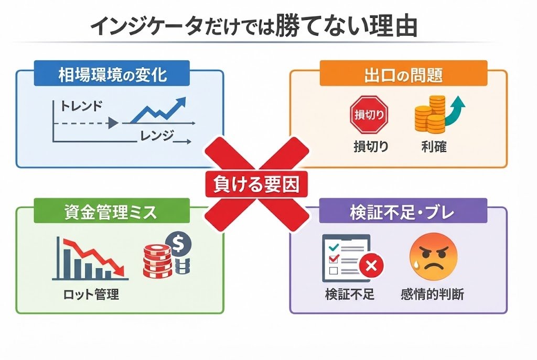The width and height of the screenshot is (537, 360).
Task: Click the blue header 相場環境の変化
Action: [112, 74]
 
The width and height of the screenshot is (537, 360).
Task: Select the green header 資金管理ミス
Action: [112, 213]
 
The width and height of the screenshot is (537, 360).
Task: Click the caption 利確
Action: [433, 147]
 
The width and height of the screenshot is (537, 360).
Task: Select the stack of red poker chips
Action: [157, 260]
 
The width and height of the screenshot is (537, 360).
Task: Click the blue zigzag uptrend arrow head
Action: [181, 101]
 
